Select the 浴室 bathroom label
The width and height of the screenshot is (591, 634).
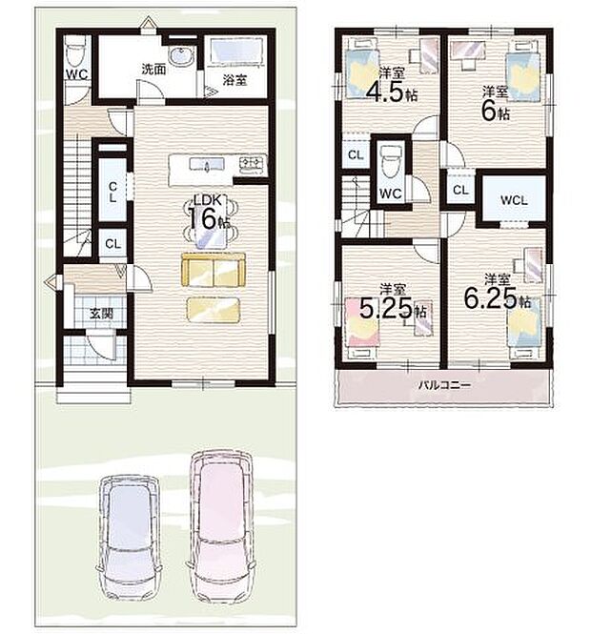(x=234, y=80)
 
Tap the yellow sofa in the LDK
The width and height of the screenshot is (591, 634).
(x=214, y=270)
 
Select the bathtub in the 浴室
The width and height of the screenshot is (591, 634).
(x=238, y=52)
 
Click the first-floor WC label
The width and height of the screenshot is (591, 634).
(x=78, y=72)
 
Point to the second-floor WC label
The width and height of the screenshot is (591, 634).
(x=389, y=194)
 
